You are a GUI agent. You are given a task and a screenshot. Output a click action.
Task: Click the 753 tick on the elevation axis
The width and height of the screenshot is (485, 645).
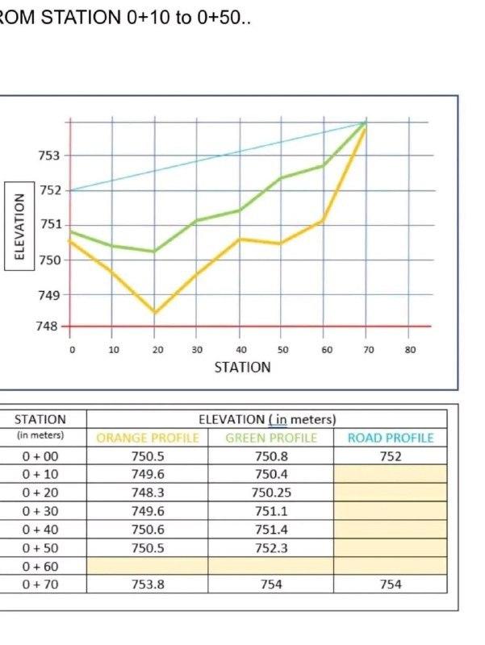click(x=49, y=155)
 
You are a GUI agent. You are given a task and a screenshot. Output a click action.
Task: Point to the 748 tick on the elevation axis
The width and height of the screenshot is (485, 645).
click(x=49, y=326)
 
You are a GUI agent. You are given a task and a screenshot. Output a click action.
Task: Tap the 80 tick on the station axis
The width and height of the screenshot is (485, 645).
click(x=410, y=350)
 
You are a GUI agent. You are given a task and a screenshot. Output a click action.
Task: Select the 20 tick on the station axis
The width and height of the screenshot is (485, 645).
click(x=157, y=350)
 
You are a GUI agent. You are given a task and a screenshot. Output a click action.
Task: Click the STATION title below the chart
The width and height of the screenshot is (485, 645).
click(x=242, y=367)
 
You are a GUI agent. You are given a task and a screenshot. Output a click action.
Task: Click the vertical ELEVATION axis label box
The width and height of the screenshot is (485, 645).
click(x=20, y=227)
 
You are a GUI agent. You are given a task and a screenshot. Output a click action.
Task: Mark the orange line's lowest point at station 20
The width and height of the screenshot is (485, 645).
click(x=154, y=313)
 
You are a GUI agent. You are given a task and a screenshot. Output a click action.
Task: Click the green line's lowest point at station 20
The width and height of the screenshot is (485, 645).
click(x=154, y=252)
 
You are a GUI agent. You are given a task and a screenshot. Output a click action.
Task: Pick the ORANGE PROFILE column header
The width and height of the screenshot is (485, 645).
click(x=148, y=439)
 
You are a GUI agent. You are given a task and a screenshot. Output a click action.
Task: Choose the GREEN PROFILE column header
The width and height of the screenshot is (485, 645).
click(x=271, y=439)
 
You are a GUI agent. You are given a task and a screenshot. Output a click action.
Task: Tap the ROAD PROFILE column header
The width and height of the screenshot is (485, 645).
click(x=391, y=439)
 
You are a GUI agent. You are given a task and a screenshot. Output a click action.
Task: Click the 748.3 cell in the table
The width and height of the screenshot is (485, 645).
click(x=148, y=493)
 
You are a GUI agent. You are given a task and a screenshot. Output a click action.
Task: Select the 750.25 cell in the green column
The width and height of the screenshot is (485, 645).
click(x=271, y=493)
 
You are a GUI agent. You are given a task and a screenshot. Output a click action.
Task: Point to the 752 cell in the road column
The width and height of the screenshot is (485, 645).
click(x=391, y=456)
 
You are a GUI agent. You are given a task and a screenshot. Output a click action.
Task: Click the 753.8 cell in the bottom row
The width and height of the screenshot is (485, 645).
click(x=148, y=584)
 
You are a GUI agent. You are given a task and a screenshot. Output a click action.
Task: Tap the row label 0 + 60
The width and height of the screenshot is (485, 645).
click(x=40, y=565)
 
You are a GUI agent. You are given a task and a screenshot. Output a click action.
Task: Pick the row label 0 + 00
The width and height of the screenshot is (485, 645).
click(x=40, y=456)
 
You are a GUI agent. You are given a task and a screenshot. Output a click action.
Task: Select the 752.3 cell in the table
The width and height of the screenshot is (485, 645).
click(x=271, y=547)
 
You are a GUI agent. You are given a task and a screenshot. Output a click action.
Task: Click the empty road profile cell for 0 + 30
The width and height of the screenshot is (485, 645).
click(x=391, y=511)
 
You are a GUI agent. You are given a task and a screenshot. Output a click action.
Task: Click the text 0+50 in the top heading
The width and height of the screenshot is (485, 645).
click(x=217, y=18)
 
